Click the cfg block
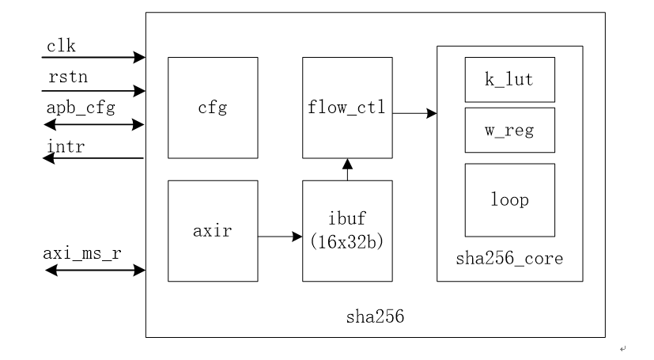point(213,108)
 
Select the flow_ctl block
point(347,108)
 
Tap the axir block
point(213,230)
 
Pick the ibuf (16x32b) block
point(347,230)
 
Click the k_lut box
point(509,79)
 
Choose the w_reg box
point(509,129)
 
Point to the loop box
point(509,199)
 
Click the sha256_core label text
point(509,258)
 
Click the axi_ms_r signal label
point(81,256)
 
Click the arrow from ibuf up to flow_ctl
point(347,169)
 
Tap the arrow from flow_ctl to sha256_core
point(414,114)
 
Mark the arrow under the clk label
point(93,57)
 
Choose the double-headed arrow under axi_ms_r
point(95,271)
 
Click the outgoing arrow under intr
point(93,158)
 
